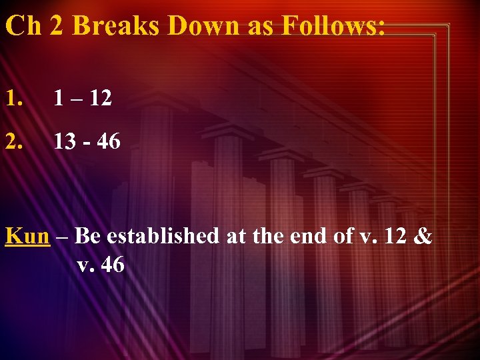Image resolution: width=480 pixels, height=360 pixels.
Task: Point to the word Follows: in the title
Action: click(333, 25)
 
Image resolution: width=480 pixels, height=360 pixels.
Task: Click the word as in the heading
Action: click(257, 25)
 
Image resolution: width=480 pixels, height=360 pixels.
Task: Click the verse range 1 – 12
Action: click(83, 99)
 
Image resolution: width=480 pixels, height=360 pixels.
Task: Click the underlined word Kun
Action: click(27, 236)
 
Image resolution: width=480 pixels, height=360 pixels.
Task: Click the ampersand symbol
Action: click(423, 236)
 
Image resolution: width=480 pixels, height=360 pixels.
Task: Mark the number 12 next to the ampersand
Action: click(395, 236)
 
